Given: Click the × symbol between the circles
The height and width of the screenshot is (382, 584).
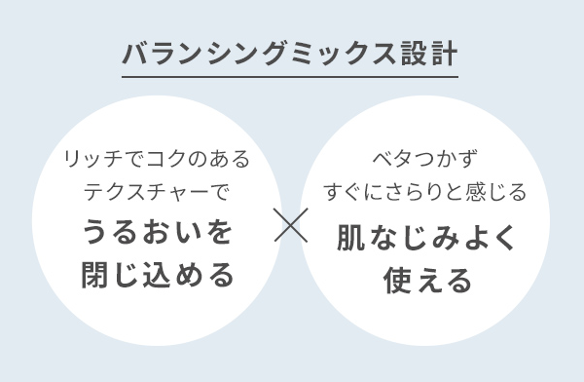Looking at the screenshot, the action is click(292, 224).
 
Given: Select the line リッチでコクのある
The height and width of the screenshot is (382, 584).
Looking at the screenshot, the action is click(157, 159).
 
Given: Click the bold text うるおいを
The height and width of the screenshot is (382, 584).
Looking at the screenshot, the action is click(157, 233).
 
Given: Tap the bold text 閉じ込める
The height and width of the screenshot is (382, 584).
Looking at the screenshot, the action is click(157, 276).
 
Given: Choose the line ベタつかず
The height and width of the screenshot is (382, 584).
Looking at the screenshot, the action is click(427, 159).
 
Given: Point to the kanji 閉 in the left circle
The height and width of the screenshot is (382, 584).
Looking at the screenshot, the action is click(95, 276).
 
